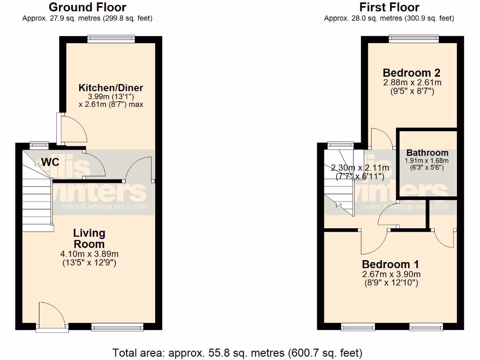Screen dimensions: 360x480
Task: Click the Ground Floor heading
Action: click(x=87, y=7)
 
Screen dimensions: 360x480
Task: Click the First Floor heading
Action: click(x=389, y=7)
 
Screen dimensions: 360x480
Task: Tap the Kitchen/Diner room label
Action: click(x=111, y=88)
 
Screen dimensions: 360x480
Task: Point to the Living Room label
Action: click(x=89, y=238)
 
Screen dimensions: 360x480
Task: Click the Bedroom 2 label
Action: click(x=412, y=73)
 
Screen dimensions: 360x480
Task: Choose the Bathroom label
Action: click(x=427, y=153)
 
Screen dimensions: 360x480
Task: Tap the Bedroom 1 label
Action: click(x=390, y=264)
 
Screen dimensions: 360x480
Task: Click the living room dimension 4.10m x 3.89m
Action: click(x=89, y=255)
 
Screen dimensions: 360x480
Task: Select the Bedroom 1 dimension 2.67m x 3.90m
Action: click(x=390, y=274)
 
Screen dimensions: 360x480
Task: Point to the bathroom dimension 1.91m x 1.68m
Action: click(x=427, y=161)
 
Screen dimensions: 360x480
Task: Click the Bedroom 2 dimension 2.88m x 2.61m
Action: click(x=412, y=82)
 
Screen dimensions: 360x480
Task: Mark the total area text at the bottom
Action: click(x=237, y=352)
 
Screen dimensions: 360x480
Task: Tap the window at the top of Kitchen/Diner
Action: click(x=111, y=39)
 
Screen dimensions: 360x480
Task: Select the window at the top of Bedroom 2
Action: click(x=413, y=39)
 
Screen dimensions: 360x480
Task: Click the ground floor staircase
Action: click(x=36, y=197)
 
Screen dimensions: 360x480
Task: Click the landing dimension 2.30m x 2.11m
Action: click(x=360, y=168)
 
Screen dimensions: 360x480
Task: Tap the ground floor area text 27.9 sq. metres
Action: click(x=87, y=18)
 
